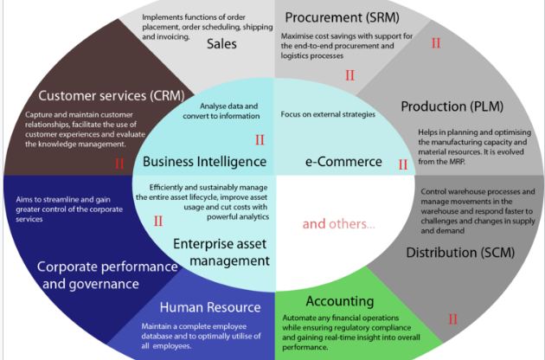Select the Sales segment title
click(x=221, y=44)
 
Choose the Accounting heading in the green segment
click(x=340, y=301)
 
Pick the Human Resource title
click(x=210, y=306)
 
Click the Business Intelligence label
click(x=204, y=161)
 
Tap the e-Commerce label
click(x=343, y=161)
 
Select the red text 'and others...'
click(x=338, y=223)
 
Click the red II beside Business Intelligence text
click(x=260, y=139)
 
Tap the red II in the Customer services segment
click(x=119, y=163)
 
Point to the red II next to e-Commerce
click(x=402, y=164)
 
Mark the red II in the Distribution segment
click(x=452, y=319)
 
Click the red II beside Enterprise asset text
click(x=158, y=221)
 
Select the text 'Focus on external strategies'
click(x=328, y=114)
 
